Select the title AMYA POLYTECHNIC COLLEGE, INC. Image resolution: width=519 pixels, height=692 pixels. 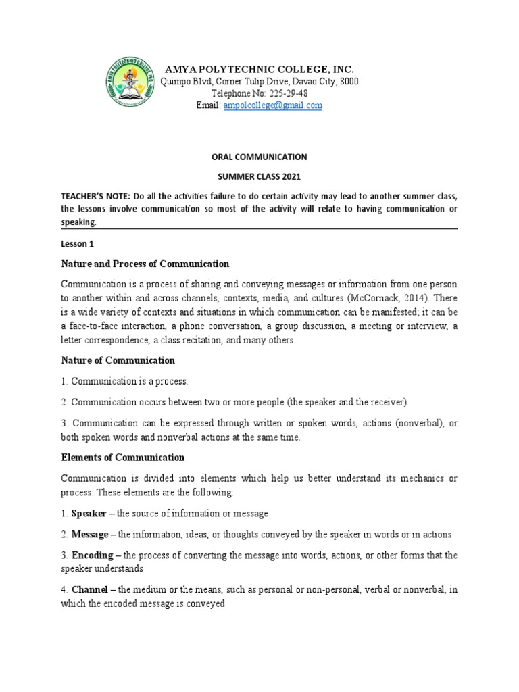(259, 70)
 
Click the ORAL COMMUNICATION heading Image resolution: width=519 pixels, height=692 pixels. (259, 157)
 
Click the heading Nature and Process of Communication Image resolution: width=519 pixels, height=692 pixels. (145, 264)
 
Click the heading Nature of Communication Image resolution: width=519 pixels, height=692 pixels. (118, 360)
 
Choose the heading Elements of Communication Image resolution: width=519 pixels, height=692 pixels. (122, 458)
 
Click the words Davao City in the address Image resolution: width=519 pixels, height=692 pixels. (312, 82)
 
